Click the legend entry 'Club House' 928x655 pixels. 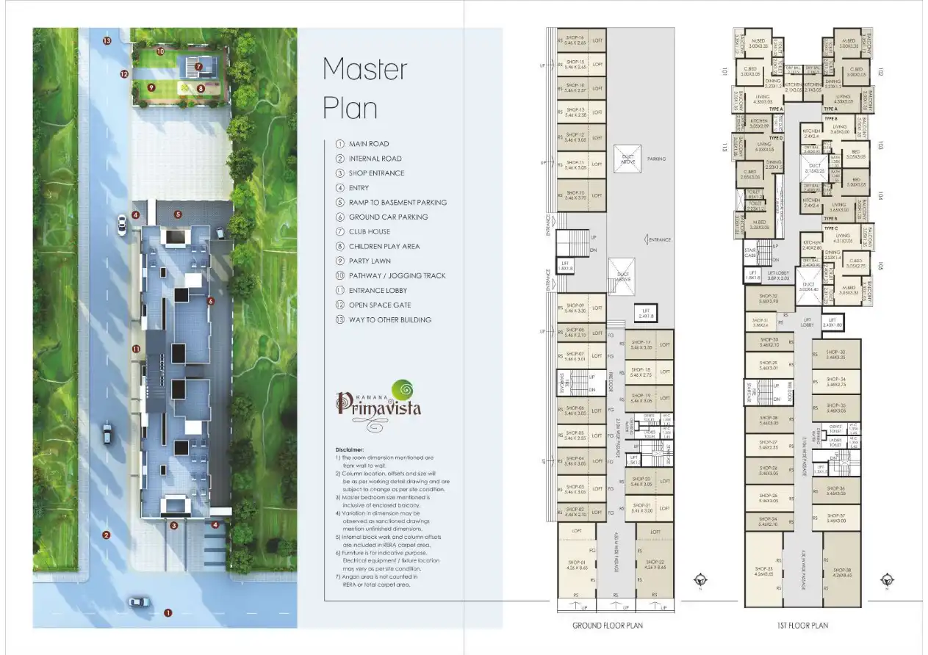click(x=370, y=231)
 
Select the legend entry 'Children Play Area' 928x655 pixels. click(x=384, y=246)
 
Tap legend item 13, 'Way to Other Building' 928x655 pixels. click(x=389, y=319)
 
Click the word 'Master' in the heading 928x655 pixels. click(x=364, y=69)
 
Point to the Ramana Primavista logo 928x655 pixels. click(x=379, y=402)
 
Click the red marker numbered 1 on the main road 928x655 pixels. click(x=168, y=612)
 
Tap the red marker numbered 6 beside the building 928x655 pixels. click(x=210, y=300)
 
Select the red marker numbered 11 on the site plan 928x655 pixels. click(x=136, y=348)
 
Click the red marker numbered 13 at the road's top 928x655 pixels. click(x=107, y=41)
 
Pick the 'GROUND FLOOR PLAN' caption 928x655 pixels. click(x=607, y=626)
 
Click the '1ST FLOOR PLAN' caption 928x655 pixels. click(x=802, y=626)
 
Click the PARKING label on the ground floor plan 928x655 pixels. click(x=656, y=159)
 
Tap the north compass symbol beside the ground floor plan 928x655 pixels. click(x=702, y=579)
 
